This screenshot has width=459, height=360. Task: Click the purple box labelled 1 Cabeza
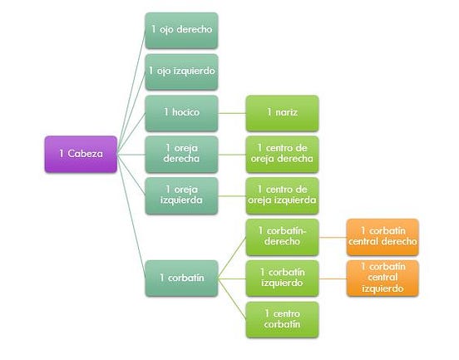point(81,154)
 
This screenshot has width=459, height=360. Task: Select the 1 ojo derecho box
point(181,30)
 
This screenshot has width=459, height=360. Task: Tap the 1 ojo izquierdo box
point(181,72)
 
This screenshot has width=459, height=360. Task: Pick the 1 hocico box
point(181,112)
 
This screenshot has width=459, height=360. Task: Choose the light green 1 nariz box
point(282,112)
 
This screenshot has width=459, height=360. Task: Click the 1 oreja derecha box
point(181,154)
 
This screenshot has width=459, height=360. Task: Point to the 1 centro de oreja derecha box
point(282,154)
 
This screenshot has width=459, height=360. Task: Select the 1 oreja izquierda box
point(181,195)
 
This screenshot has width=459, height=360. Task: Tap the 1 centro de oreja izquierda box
point(282,195)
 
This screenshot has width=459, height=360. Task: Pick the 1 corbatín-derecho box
point(282,236)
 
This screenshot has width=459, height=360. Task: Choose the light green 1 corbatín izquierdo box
point(282,278)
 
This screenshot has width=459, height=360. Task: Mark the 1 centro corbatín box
point(282,318)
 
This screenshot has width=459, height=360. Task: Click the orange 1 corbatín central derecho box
point(382,236)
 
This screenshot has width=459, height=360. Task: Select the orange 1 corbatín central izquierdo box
point(382,278)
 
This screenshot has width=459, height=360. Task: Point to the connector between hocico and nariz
point(231,112)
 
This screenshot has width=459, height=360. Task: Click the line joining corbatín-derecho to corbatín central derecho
point(333,236)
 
